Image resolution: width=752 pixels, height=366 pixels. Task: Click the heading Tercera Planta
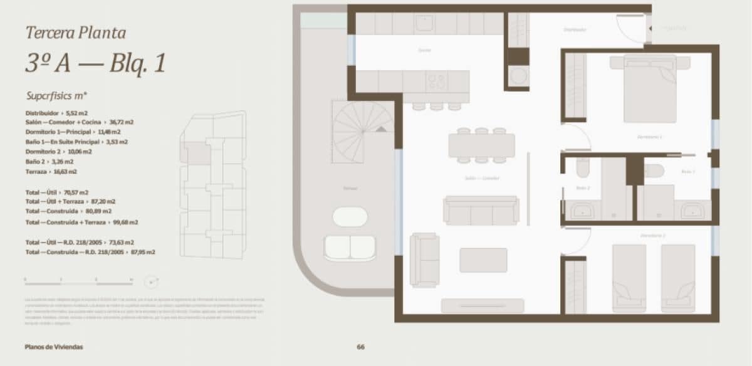click(x=76, y=33)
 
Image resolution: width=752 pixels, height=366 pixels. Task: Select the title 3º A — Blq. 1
click(x=95, y=63)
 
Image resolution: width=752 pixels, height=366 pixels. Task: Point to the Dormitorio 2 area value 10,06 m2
click(x=80, y=152)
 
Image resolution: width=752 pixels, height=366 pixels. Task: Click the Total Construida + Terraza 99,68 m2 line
click(x=81, y=222)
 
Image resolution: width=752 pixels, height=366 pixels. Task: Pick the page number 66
click(x=360, y=347)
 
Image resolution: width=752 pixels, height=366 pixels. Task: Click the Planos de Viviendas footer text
click(x=54, y=347)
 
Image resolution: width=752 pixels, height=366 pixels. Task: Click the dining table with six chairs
click(x=481, y=145)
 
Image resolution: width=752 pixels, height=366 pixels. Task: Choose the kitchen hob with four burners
click(x=436, y=81)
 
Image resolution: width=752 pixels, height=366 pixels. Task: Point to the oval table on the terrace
click(x=350, y=217)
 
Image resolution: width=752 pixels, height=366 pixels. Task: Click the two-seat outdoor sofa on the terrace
click(x=350, y=248)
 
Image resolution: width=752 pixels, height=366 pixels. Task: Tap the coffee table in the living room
click(x=483, y=260)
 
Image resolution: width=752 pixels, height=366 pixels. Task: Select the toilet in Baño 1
click(x=654, y=171)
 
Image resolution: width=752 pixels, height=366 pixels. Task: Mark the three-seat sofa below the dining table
click(x=481, y=211)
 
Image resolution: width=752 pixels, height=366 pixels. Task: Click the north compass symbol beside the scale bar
click(x=150, y=281)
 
